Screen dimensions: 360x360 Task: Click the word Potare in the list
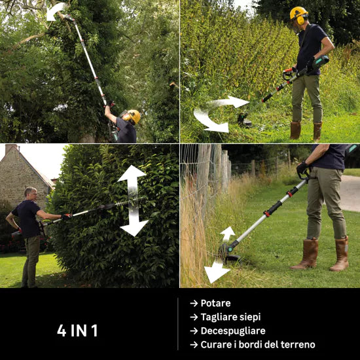(x=215, y=303)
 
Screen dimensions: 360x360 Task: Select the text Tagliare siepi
(x=231, y=317)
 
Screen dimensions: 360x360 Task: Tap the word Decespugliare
(x=233, y=331)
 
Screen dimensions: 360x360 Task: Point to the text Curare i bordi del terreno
(x=258, y=344)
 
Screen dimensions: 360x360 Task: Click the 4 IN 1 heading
(x=77, y=331)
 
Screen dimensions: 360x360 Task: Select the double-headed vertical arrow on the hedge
(x=133, y=200)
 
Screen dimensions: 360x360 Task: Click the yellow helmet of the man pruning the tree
(x=134, y=116)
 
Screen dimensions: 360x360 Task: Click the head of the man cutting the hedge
(x=31, y=194)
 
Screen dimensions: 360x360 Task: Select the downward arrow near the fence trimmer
(x=216, y=272)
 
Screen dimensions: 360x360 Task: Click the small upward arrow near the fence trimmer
(x=227, y=234)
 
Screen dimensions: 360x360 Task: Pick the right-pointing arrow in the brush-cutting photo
(x=230, y=102)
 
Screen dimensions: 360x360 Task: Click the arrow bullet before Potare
(x=194, y=303)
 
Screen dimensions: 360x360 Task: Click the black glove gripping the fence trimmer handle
(x=302, y=170)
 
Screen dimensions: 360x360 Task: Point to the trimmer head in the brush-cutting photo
(x=245, y=120)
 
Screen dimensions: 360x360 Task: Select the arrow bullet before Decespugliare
(x=194, y=331)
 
